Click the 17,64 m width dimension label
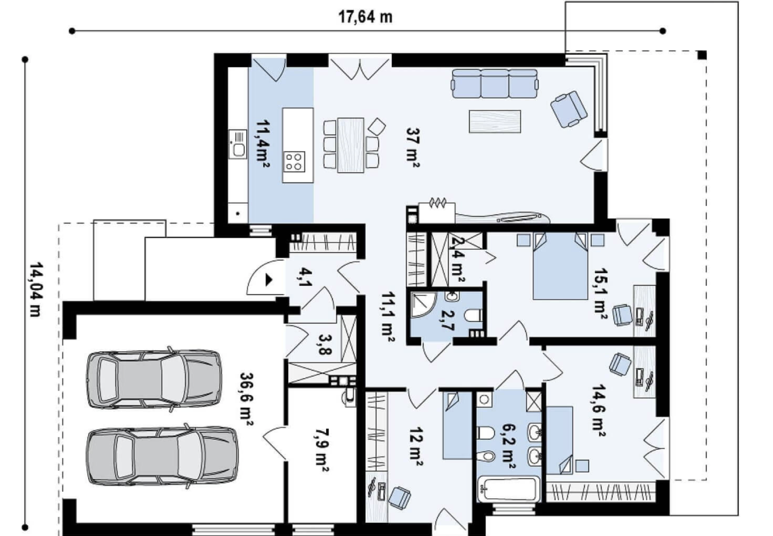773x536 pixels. click(365, 17)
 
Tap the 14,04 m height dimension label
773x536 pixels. click(36, 289)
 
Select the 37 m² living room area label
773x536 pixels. click(413, 148)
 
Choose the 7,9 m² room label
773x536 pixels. click(322, 450)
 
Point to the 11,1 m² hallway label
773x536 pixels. click(388, 317)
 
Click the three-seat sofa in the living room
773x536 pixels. click(495, 84)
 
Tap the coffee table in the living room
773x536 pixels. click(495, 121)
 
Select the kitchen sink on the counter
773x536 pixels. click(238, 144)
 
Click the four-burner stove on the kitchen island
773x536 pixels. click(294, 162)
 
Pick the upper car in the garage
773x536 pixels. click(154, 379)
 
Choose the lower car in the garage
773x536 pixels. click(162, 456)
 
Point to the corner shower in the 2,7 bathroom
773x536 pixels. click(423, 304)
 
